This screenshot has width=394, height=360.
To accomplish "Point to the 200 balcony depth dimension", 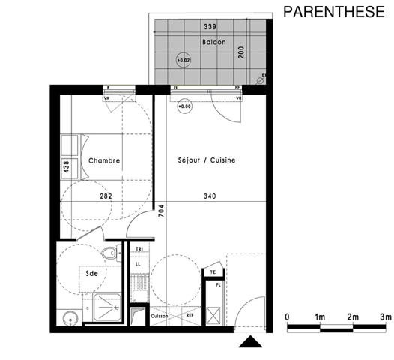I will [x=241, y=52].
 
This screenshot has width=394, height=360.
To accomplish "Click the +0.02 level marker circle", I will [x=183, y=60].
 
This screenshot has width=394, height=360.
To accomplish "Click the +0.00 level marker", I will [x=184, y=107].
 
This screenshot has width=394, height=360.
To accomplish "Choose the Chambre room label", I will [x=104, y=161].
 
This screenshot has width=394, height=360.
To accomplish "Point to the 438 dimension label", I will [x=67, y=166].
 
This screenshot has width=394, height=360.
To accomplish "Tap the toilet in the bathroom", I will [x=112, y=253].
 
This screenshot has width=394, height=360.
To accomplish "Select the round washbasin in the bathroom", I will [x=70, y=317].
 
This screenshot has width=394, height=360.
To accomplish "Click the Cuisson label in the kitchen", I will [x=159, y=316].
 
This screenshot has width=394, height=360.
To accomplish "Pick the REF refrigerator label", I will [x=190, y=316].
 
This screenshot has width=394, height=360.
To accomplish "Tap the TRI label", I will [x=139, y=248].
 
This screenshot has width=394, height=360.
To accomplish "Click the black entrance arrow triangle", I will [x=249, y=343].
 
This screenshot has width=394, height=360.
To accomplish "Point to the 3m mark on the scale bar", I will [x=385, y=318].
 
